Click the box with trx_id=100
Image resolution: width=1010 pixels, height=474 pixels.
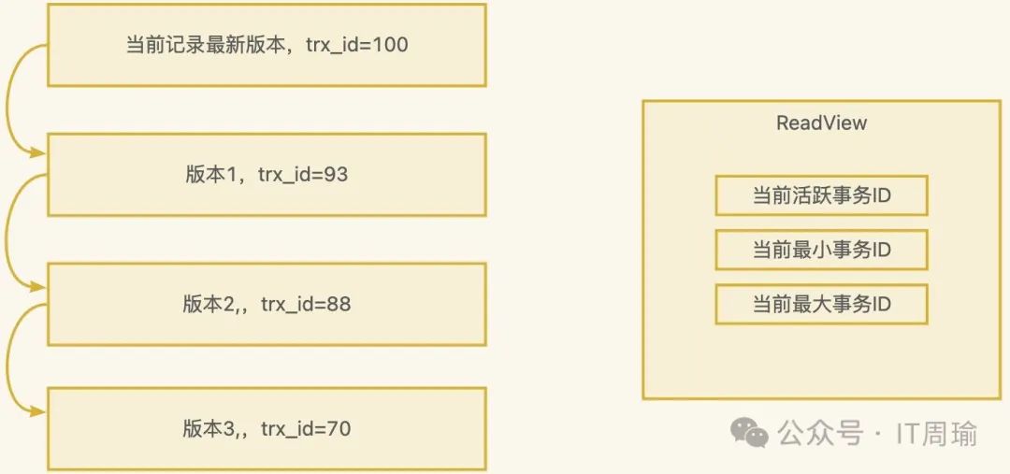(267, 45)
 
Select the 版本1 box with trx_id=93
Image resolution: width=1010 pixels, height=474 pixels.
(267, 175)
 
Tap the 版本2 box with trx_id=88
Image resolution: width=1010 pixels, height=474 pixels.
(267, 304)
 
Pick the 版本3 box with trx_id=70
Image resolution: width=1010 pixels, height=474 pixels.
(267, 429)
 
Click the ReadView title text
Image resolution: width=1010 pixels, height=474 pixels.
(821, 123)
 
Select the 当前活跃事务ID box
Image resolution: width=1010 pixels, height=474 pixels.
(821, 196)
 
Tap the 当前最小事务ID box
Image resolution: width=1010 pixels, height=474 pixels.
(821, 251)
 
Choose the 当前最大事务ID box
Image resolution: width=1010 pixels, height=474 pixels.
(821, 305)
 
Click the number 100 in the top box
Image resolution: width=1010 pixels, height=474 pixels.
(390, 45)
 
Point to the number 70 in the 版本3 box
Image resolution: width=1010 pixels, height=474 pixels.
(338, 429)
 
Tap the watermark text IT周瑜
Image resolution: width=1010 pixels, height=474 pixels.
(936, 434)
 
